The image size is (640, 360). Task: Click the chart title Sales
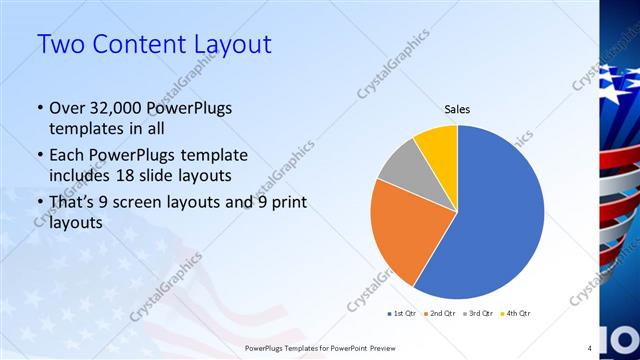click(x=457, y=110)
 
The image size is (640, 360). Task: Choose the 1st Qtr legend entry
click(x=404, y=313)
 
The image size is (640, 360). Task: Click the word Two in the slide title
click(x=62, y=45)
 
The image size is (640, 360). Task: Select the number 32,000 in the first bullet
click(x=126, y=108)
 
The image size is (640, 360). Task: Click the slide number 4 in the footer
click(x=590, y=347)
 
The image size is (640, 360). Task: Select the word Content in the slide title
click(x=136, y=45)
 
